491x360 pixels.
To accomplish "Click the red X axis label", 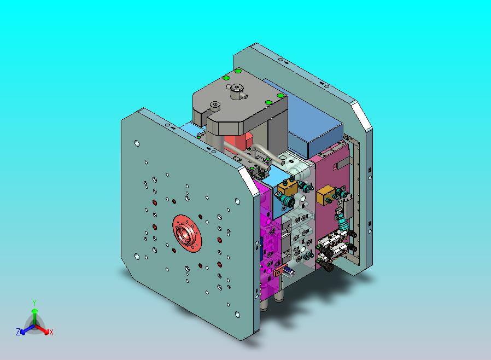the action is [x=51, y=332].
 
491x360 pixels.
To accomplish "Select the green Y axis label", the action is [x=34, y=303].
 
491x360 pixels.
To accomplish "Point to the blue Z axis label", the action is [x=18, y=332].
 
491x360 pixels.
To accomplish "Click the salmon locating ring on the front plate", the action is [x=187, y=234].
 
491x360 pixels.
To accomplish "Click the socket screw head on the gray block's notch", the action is [x=215, y=105].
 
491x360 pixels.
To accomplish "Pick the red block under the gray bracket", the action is [x=237, y=143].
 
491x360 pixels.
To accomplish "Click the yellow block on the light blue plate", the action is [x=287, y=188].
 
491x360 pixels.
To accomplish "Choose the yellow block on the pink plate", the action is [x=326, y=195].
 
